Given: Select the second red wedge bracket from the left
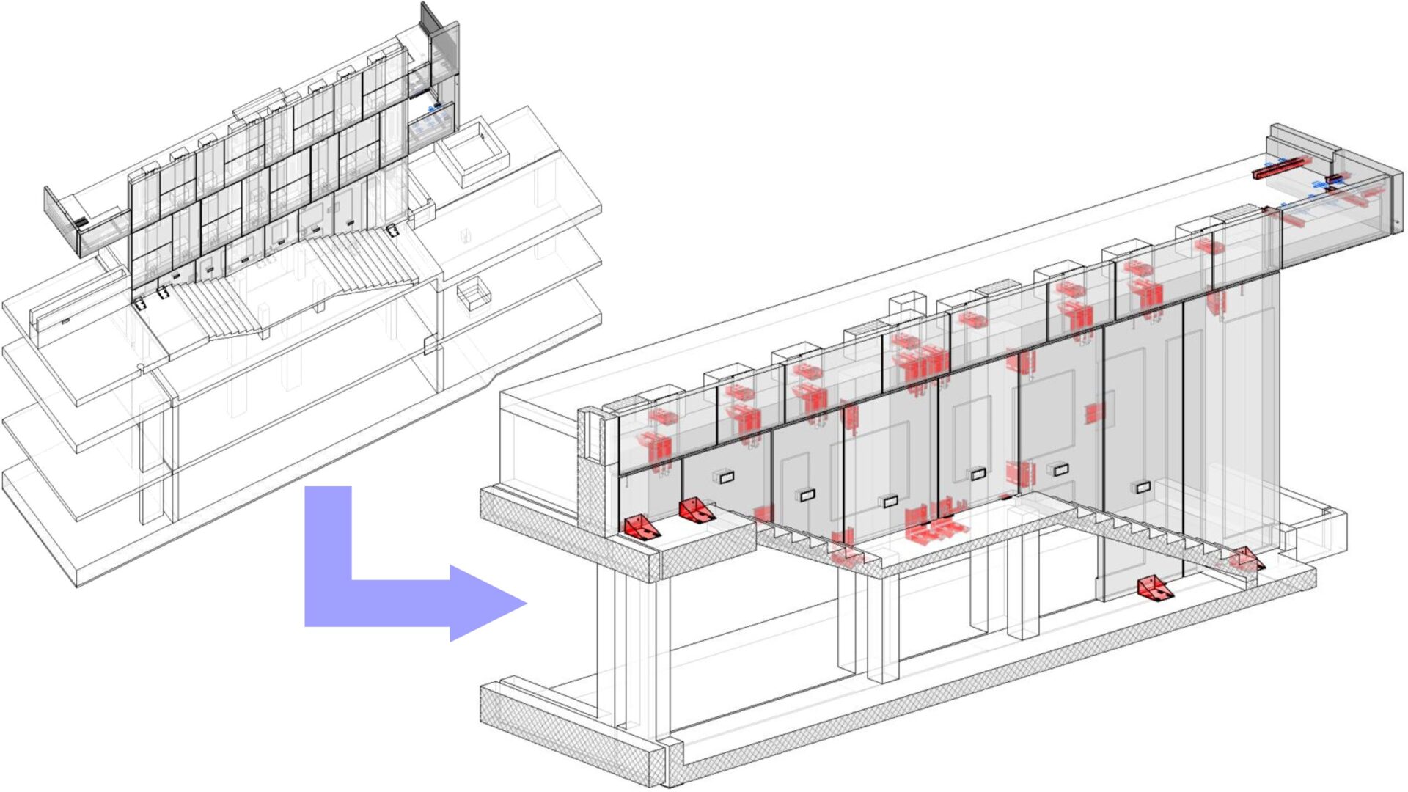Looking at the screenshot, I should pos(694,510).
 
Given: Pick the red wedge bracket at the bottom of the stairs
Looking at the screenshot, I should pos(1154,587).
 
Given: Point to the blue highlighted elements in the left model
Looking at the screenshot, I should pos(431,122).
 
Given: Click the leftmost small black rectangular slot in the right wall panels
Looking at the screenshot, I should pos(726,478).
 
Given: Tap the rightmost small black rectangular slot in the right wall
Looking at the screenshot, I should pos(1143,487).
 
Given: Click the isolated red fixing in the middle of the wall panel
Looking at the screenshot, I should pos(1095,413).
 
